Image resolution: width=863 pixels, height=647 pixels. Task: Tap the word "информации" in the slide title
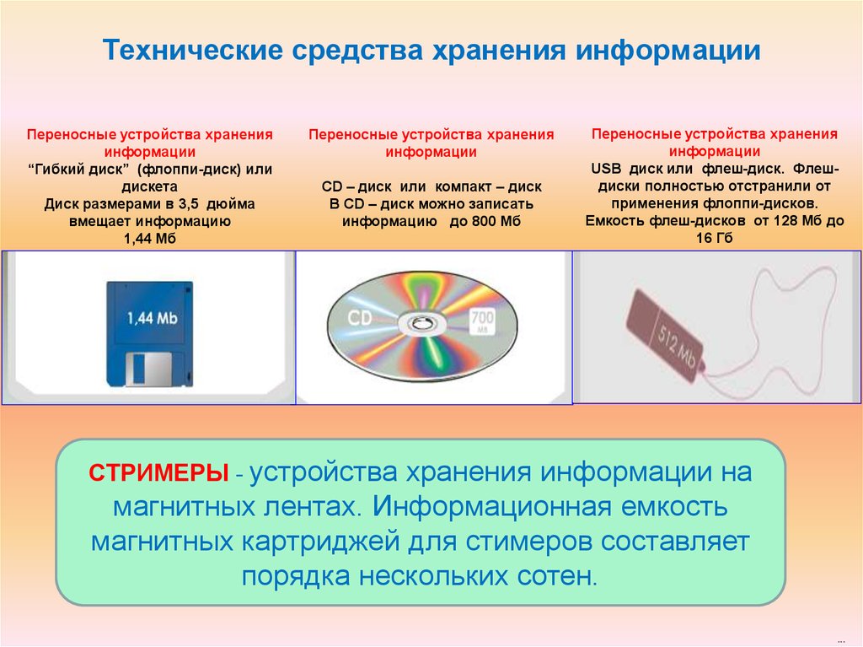point(668,51)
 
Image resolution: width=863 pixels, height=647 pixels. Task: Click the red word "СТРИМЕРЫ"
point(158,473)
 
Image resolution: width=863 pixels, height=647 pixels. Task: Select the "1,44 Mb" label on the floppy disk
point(152,318)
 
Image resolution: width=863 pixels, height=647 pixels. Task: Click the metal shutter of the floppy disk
point(148,369)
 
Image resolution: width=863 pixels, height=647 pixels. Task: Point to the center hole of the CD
point(421,323)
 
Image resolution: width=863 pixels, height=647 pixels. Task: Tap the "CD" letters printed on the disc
point(360,317)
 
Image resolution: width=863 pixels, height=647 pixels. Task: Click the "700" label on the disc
point(482,317)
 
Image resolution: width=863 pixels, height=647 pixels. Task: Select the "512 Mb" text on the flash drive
point(677,343)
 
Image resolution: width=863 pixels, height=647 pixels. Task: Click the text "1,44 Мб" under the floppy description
point(150,239)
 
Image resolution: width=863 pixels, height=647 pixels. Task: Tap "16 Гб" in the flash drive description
point(715,238)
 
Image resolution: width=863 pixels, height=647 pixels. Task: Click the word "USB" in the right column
point(606,169)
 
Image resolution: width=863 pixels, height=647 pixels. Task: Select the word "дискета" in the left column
point(150,186)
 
